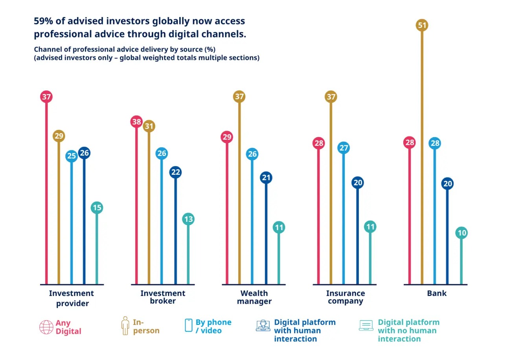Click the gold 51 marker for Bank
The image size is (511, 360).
pos(422,25)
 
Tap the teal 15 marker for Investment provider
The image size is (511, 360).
pos(97,207)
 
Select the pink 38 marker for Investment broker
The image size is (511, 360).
pos(136,122)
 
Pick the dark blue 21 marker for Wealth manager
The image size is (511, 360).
pos(266,177)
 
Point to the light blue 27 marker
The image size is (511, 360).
pos(344,148)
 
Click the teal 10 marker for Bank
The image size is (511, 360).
pos(461,233)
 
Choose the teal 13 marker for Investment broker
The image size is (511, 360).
pos(188,219)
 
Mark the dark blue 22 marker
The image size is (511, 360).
pos(175,172)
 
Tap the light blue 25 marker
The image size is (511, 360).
pos(72,156)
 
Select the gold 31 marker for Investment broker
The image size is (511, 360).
pos(149,126)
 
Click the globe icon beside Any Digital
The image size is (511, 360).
pos(46,327)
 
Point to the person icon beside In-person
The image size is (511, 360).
pos(125,326)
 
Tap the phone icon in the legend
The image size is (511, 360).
pos(189,325)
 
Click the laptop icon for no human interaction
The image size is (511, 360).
pos(366,325)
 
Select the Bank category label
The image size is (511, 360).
pos(437,293)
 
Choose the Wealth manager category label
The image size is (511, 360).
pos(254,297)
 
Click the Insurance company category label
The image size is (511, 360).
pos(346,297)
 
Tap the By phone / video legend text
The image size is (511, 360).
pos(213,327)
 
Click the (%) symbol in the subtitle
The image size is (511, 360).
pos(210,49)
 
